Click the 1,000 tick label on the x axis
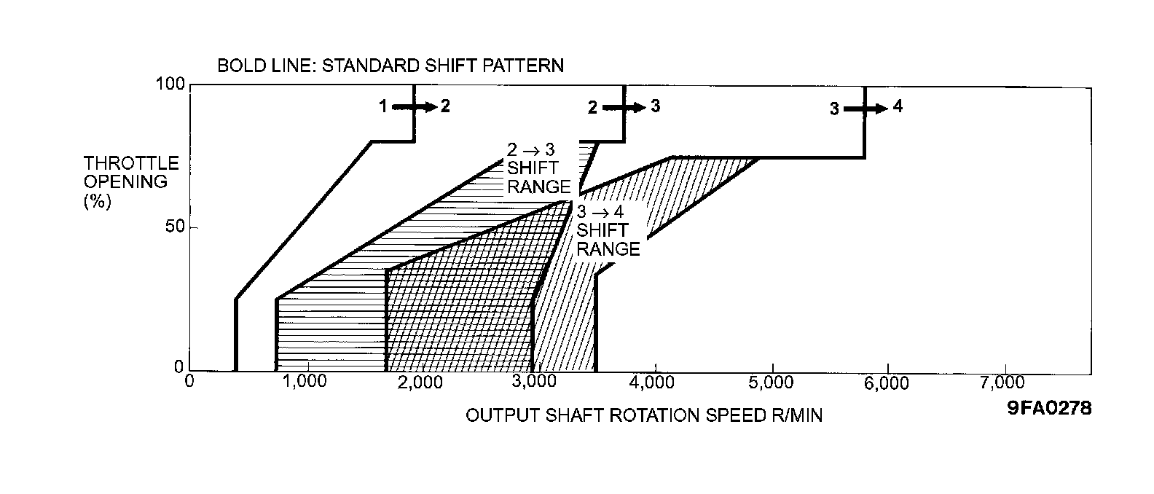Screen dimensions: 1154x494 coord(305,381)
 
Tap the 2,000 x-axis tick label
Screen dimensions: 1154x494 coord(421,381)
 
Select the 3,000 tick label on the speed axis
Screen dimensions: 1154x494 coord(538,381)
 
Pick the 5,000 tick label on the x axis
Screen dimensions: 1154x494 coord(772,381)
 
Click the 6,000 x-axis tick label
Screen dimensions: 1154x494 coord(887,381)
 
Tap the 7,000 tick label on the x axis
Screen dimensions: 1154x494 coord(1005,381)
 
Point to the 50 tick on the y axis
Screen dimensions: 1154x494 coord(175,227)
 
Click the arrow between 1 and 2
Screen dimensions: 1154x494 coord(412,106)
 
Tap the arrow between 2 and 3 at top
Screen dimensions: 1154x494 coord(624,107)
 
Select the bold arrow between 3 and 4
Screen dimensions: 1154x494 coord(865,109)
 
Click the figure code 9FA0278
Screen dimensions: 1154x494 coord(1049,409)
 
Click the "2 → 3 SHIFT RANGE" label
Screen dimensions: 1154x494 coord(538,169)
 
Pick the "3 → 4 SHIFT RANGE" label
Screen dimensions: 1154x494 coord(608,231)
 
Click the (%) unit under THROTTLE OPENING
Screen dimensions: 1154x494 coord(97,201)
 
